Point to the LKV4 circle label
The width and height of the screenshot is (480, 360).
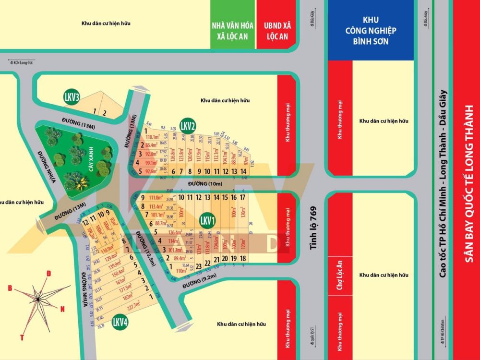(x=120, y=323)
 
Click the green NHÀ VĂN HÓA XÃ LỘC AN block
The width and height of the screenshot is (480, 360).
(x=233, y=24)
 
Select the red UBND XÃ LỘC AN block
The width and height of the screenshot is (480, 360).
(x=277, y=24)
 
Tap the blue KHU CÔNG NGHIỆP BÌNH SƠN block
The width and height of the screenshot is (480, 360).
(x=371, y=30)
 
